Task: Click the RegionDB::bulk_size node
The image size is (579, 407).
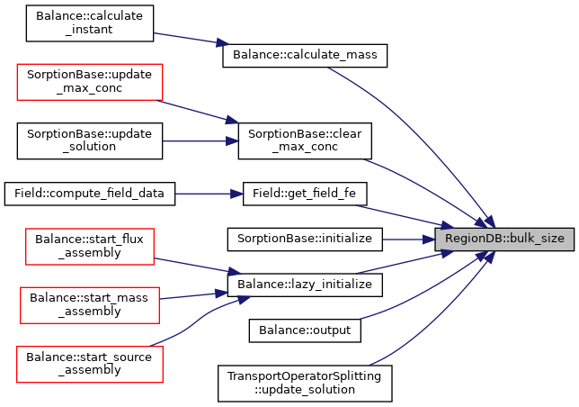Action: point(504,239)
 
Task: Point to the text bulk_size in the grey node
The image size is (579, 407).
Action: point(537,239)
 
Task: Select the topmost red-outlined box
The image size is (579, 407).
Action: point(90,82)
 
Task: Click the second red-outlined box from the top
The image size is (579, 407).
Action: point(90,247)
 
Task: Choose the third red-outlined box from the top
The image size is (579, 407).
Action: point(90,305)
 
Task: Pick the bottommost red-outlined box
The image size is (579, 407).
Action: point(90,365)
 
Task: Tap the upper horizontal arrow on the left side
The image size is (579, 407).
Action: point(200,141)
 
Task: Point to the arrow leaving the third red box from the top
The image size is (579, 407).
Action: point(193,294)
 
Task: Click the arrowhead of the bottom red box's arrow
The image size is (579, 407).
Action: point(244,299)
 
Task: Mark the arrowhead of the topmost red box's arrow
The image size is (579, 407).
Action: point(232,120)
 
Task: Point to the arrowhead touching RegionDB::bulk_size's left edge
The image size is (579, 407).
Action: point(429,240)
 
